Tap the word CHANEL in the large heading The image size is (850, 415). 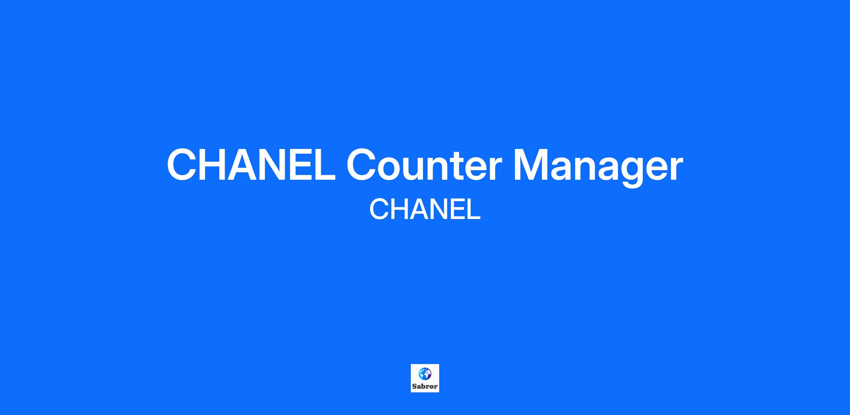point(251,165)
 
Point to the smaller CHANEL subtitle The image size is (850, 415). point(425,209)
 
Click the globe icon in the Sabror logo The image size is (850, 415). point(425,374)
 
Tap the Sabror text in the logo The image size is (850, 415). point(425,386)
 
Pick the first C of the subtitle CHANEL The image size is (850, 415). point(379,209)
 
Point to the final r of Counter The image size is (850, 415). point(495,169)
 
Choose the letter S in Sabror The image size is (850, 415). point(414,386)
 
